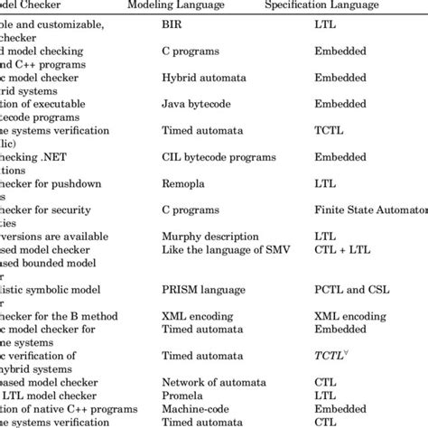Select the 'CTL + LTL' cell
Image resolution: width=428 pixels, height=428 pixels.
[340, 247]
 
